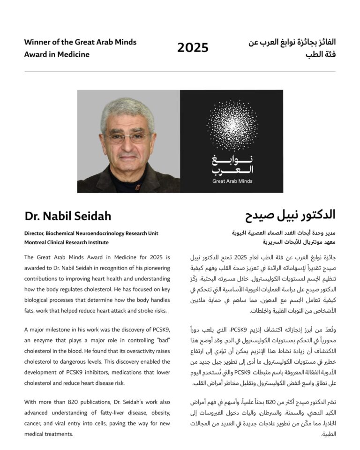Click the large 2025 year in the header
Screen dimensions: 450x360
pos(193,48)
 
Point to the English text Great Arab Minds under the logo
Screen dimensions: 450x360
pos(232,181)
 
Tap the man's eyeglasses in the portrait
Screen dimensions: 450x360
pos(127,137)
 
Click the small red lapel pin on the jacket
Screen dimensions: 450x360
pos(138,187)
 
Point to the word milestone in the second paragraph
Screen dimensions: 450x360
pos(60,330)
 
